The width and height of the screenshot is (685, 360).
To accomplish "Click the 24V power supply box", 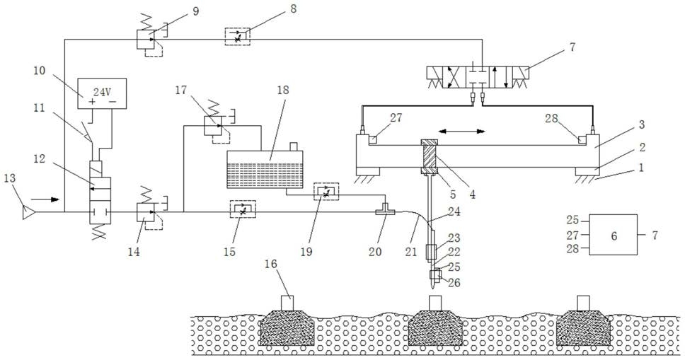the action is point(102,93).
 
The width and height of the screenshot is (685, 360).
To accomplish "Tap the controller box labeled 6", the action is point(613,235).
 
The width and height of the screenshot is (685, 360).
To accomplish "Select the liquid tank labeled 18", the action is point(265,170).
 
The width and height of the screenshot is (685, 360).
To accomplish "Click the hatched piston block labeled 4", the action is point(426,156).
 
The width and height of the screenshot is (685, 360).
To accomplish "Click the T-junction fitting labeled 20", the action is point(385,210).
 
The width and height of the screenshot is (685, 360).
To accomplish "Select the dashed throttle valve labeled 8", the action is point(238,36).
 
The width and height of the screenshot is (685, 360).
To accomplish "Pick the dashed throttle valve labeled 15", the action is point(243,209).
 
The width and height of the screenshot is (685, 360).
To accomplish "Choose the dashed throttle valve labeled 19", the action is point(326,192).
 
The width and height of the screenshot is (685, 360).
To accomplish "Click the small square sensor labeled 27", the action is point(374,140).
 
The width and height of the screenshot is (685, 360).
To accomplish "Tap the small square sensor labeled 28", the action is point(582,140).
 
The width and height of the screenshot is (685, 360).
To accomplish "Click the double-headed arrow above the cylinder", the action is point(462,131).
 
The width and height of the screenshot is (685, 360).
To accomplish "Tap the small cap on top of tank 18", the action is point(293,147).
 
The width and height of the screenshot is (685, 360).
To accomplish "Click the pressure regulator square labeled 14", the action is point(145,212).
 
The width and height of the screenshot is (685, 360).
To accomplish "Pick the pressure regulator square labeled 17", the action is point(213,126).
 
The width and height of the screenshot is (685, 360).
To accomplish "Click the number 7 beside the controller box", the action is point(655,235).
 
